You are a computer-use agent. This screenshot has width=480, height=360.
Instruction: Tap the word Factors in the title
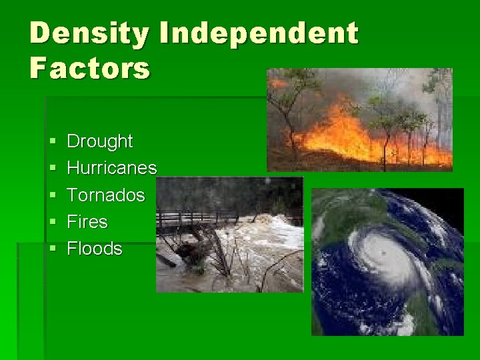click(90, 68)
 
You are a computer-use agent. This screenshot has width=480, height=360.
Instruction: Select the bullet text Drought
click(100, 141)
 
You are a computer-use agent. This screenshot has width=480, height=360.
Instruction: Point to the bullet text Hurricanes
click(112, 168)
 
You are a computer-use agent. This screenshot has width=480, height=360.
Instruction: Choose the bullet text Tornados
click(106, 195)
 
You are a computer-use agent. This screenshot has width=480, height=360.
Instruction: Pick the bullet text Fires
click(87, 221)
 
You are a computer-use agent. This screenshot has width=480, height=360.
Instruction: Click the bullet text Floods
click(95, 249)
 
